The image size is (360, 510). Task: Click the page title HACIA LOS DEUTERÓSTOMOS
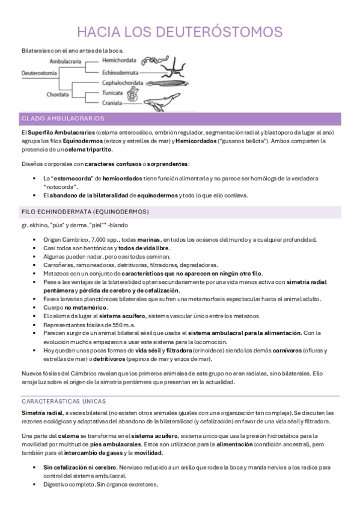pos(180,31)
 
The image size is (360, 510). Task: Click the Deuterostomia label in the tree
pos(39,72)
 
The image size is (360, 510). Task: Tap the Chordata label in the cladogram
pos(61,94)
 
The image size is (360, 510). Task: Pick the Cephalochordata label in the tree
pos(123,83)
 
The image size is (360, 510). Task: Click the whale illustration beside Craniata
pos(162,103)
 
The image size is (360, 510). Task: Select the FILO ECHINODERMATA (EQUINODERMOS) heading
pos(85,212)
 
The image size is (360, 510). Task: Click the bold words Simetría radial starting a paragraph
pos(42,413)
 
